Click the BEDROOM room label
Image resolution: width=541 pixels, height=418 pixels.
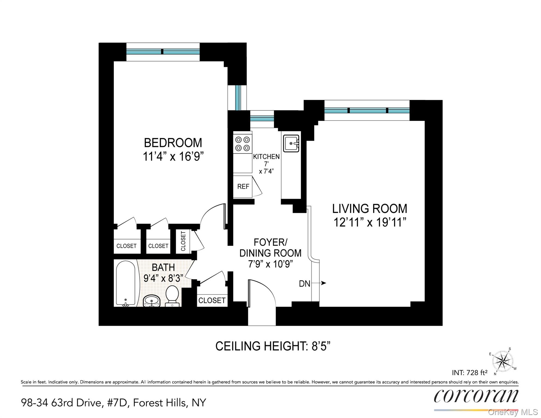(173, 143)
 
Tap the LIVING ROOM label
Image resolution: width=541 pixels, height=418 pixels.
(370, 209)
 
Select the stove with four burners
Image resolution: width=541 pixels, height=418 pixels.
(242, 144)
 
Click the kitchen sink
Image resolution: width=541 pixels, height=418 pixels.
(291, 143)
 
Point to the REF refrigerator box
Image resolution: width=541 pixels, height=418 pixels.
(243, 187)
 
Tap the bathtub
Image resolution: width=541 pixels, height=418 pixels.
(125, 283)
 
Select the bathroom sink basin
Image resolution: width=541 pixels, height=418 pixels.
(152, 301)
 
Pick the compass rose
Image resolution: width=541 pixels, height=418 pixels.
(503, 361)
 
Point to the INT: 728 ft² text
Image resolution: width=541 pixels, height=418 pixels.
(469, 372)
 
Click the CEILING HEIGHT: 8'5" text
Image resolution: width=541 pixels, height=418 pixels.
(273, 346)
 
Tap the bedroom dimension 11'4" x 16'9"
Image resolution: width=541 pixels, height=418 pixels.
(173, 156)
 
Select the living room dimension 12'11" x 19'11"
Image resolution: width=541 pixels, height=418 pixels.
(370, 223)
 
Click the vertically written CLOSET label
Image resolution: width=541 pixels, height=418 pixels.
(183, 241)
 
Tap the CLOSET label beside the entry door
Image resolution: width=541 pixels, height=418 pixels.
(212, 300)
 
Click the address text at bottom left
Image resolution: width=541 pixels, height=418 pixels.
(113, 403)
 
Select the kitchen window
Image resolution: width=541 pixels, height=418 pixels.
(262, 118)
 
